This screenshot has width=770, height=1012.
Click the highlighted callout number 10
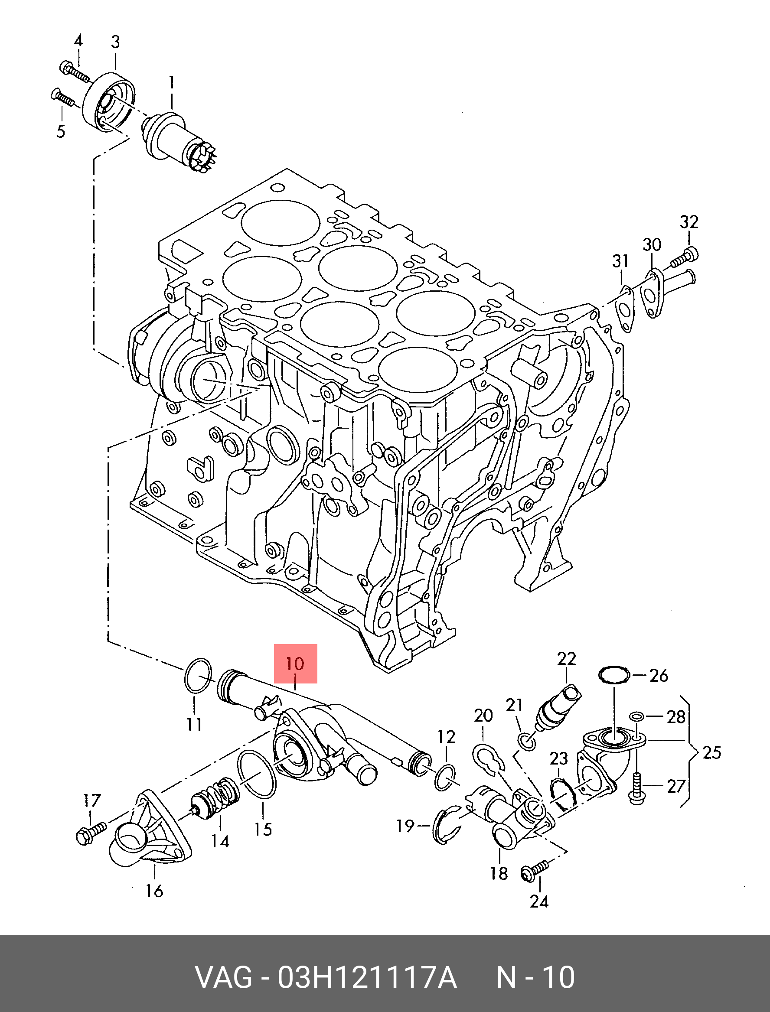tap(295, 664)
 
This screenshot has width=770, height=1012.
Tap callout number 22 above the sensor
tap(566, 659)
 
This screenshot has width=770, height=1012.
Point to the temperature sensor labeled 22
tap(560, 706)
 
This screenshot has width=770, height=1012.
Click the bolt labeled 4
tap(73, 72)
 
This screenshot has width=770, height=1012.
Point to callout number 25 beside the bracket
tap(711, 752)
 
